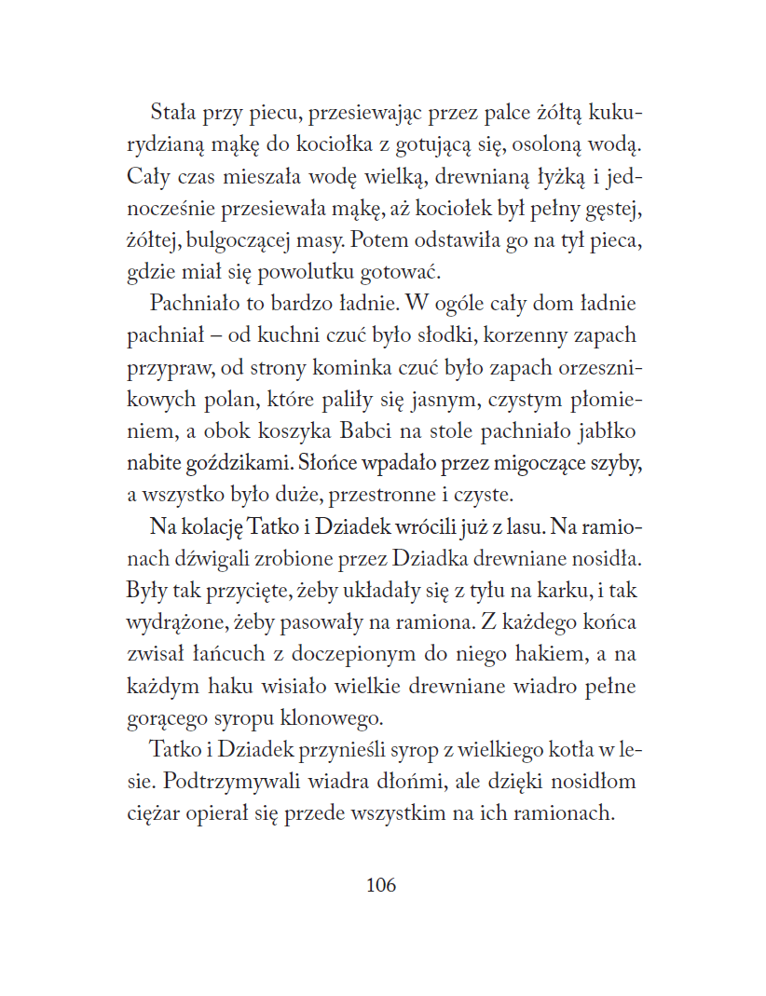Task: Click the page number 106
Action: [x=381, y=885]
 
